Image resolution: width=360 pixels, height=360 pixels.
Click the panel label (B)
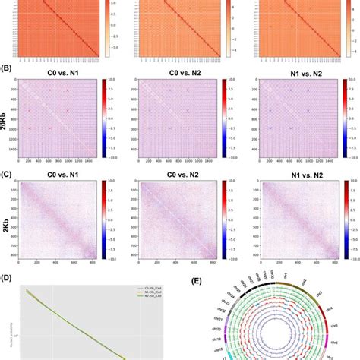(7, 68)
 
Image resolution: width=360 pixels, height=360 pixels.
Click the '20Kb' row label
(8, 112)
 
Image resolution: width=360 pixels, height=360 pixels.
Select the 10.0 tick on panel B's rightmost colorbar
(351, 79)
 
